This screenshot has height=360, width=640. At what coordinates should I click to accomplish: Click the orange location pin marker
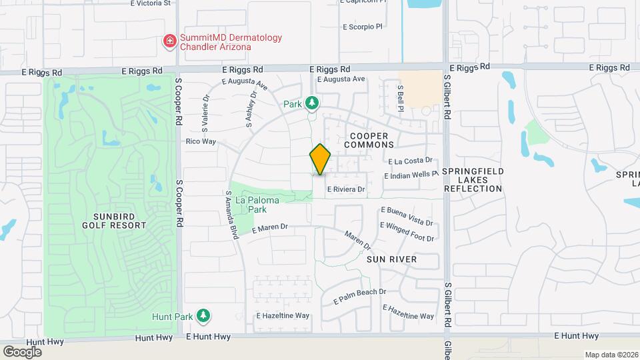coord(320,159)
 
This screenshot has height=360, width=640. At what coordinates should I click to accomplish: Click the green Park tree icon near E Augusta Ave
coord(311,103)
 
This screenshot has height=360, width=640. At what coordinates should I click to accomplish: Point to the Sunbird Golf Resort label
coord(115,220)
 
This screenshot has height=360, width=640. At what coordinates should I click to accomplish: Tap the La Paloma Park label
coord(251,204)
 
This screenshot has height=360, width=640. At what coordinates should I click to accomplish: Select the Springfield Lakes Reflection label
coord(472,180)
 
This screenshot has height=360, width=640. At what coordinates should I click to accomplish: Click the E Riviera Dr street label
coord(346,189)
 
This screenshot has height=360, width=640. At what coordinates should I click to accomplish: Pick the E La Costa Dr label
coord(411,161)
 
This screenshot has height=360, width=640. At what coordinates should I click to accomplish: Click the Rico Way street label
coord(201,141)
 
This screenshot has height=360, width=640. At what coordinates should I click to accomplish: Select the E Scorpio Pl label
coord(364,27)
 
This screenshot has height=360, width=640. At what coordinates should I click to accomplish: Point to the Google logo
coord(22,351)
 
